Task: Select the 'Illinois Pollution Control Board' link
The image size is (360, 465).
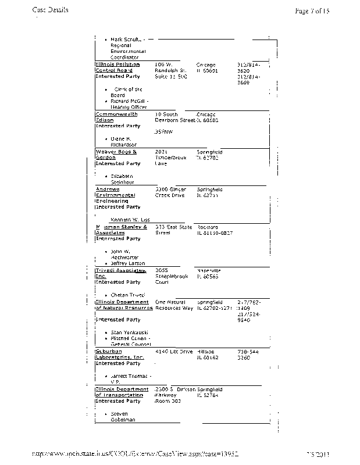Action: (x=117, y=68)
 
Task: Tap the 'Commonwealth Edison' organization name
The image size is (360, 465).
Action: (x=116, y=117)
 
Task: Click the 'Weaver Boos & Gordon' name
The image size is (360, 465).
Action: (x=115, y=155)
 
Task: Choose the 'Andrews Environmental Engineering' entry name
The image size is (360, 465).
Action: (x=115, y=195)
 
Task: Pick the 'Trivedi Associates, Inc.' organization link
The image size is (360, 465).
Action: (x=120, y=274)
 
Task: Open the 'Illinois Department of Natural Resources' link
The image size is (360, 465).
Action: (x=123, y=305)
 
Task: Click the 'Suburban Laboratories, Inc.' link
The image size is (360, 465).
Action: (x=119, y=355)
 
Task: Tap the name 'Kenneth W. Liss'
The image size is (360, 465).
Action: (x=130, y=220)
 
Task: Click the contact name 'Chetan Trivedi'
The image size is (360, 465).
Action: (x=127, y=295)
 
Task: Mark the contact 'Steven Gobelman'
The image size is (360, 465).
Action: (x=123, y=417)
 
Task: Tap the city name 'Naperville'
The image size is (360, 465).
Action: (x=209, y=271)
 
